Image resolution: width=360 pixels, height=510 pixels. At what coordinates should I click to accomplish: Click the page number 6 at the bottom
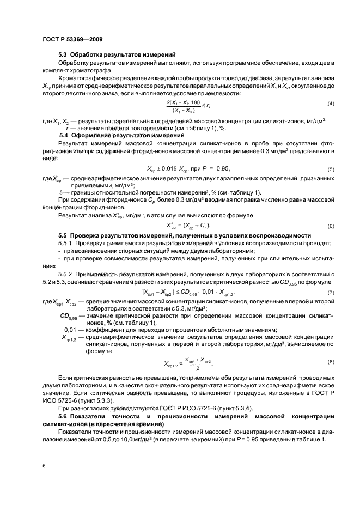44,465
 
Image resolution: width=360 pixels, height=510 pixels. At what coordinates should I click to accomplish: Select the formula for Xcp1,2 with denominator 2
187,363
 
